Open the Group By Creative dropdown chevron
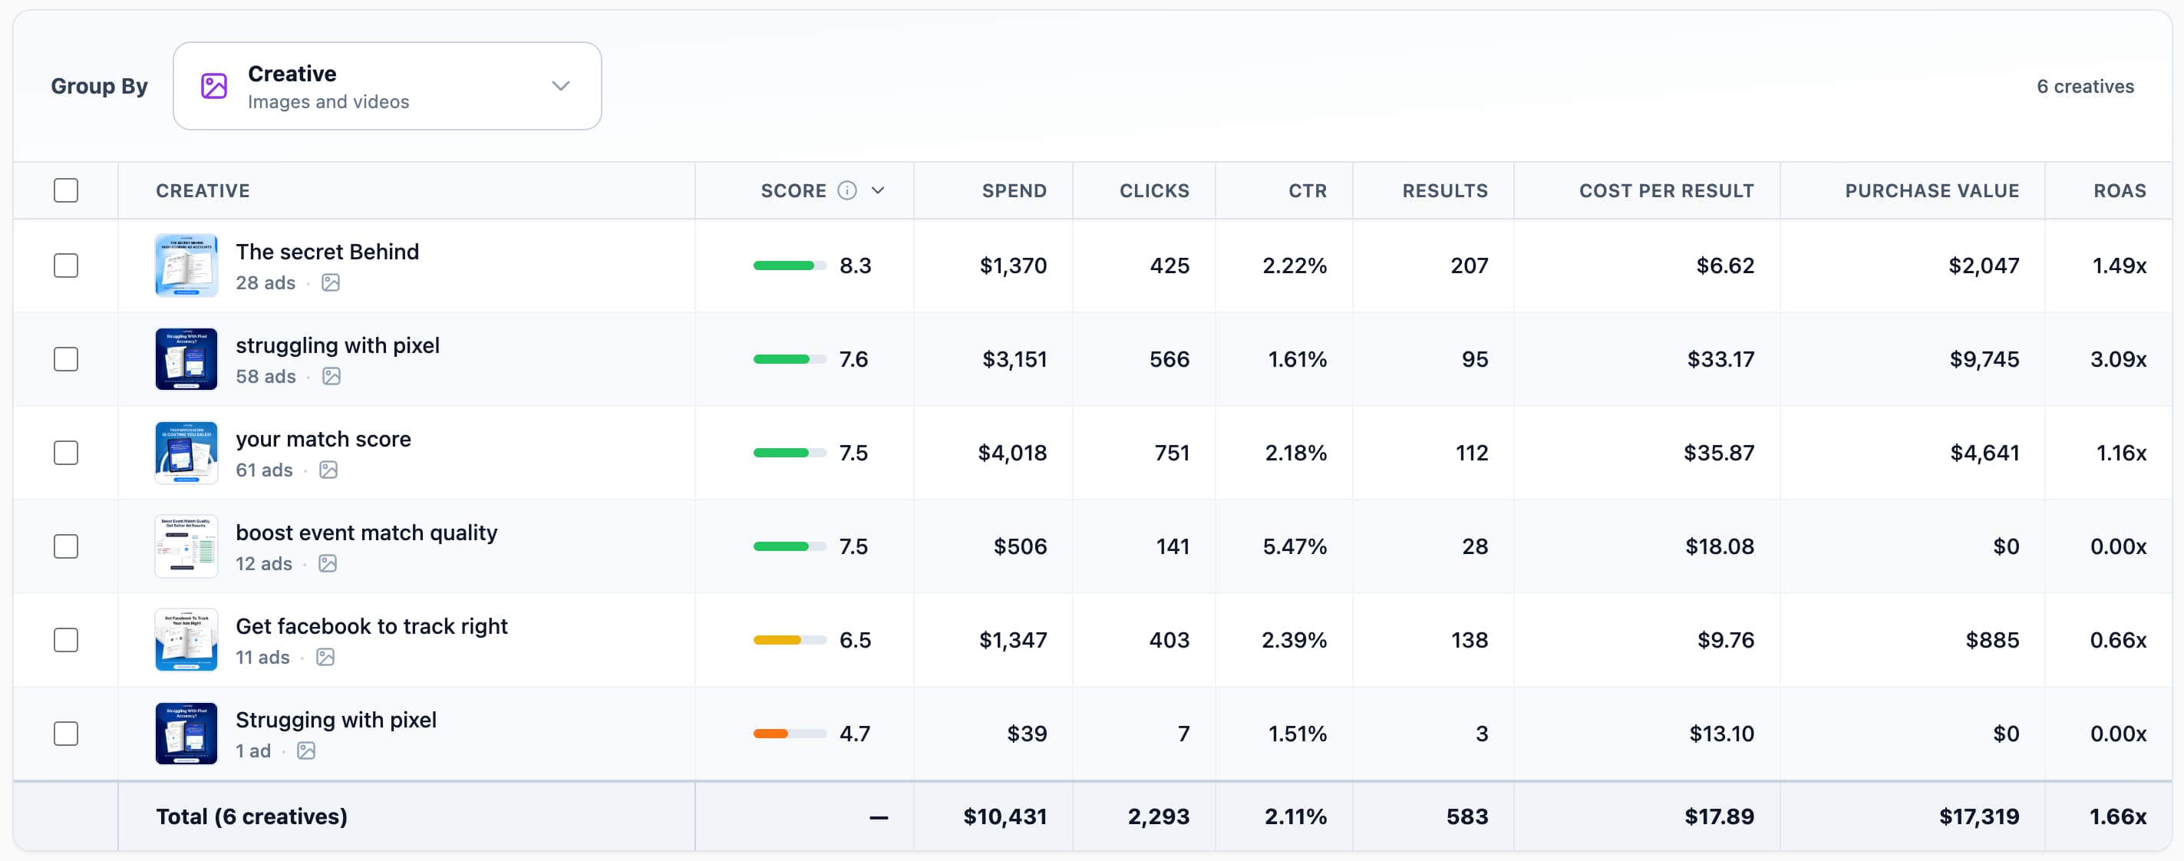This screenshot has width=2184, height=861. click(x=560, y=86)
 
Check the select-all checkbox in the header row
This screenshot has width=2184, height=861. click(x=66, y=190)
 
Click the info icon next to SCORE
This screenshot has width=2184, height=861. click(x=846, y=190)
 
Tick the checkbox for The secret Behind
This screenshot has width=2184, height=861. click(x=66, y=266)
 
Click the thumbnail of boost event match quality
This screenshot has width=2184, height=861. click(x=186, y=546)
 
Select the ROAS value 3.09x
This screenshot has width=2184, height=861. click(x=2118, y=359)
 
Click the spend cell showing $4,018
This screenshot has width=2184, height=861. click(x=1012, y=453)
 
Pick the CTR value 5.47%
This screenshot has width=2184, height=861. click(x=1294, y=546)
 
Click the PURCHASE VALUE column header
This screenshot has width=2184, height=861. click(x=1932, y=190)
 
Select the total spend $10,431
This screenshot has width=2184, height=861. click(x=1005, y=816)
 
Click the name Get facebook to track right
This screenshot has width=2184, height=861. click(x=371, y=626)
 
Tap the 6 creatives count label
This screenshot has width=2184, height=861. click(x=2085, y=87)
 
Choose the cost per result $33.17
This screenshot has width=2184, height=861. click(x=1720, y=359)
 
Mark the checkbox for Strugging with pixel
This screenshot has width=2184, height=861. click(x=66, y=734)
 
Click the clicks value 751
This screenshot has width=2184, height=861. click(x=1172, y=453)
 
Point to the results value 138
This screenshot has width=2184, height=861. click(x=1470, y=640)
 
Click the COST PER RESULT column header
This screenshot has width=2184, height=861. click(x=1666, y=190)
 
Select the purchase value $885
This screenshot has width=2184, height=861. click(x=1991, y=640)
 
